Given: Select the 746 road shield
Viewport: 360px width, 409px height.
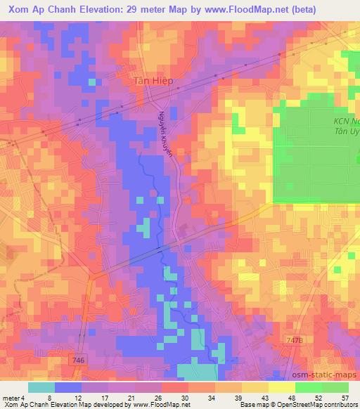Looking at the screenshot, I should pos(78,360).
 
